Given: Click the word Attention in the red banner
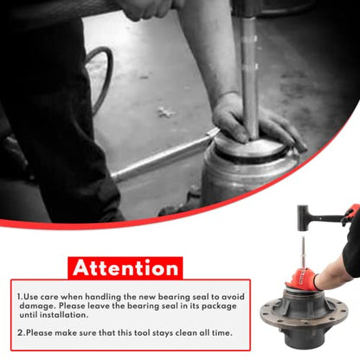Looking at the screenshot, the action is coord(125,268).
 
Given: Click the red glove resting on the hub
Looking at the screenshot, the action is coord(302,279).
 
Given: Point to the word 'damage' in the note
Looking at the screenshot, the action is coord(36,306).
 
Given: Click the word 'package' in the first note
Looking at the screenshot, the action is coord(219,306).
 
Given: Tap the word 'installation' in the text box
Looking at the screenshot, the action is coord(64,315).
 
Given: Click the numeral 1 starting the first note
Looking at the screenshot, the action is coord(19,297).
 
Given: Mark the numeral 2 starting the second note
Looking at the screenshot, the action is coord(20,333).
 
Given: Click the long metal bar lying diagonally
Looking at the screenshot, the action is coord(164,156).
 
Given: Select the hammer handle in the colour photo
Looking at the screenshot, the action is coord(326,215).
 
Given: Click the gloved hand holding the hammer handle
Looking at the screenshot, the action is coord(350,214).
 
